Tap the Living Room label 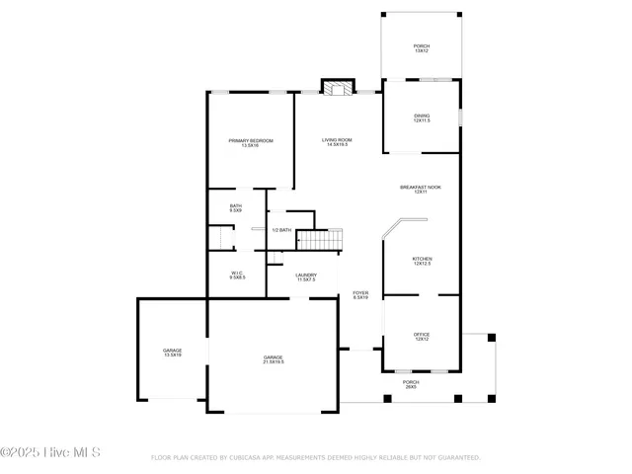(337, 142)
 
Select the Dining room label (422, 118)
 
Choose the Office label (422, 337)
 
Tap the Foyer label (360, 295)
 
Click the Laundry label (305, 277)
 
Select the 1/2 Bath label (281, 230)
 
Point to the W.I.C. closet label (237, 276)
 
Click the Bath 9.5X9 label (236, 207)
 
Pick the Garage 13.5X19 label (172, 353)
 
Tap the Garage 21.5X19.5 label (274, 359)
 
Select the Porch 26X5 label (411, 384)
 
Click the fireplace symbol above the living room (340, 90)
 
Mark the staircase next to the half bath (320, 239)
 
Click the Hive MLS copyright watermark (57, 454)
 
